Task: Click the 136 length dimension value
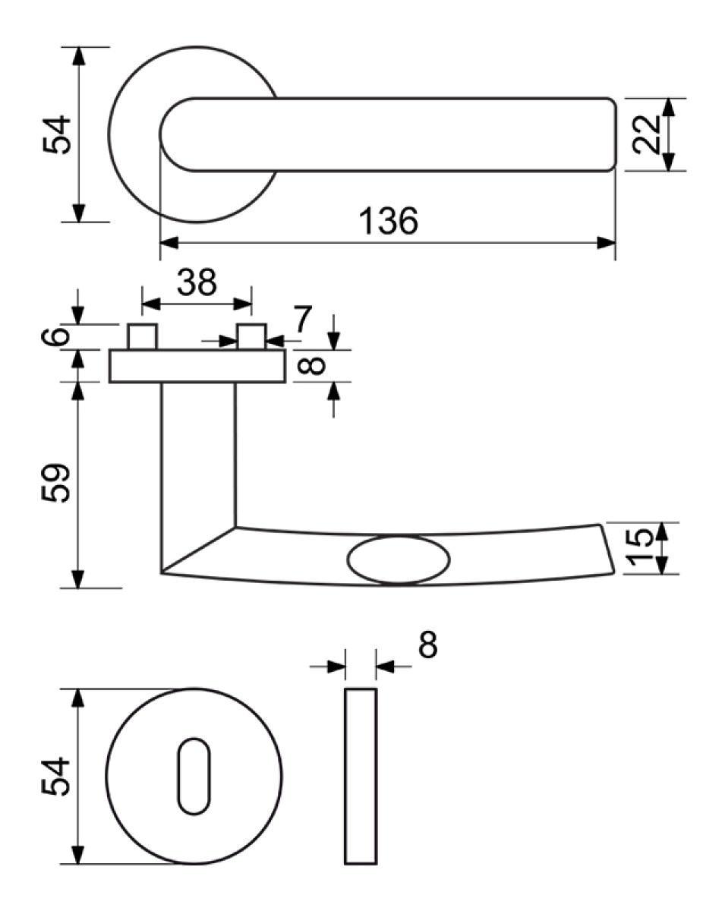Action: tap(388, 221)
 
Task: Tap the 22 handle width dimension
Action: tap(646, 134)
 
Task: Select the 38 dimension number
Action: tap(197, 282)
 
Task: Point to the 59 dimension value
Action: tap(55, 483)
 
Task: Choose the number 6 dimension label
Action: tap(55, 336)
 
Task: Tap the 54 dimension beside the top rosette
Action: tap(57, 134)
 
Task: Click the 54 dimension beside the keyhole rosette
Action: tap(55, 777)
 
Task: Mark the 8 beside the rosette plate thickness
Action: tap(312, 366)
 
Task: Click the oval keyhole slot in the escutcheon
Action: tap(194, 777)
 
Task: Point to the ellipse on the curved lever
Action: tap(399, 561)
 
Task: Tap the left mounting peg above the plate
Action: tap(143, 336)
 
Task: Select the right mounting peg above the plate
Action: tap(252, 336)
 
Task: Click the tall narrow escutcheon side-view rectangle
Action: tap(361, 777)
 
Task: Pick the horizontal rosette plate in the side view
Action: tap(197, 366)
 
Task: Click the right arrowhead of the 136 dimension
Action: tap(606, 243)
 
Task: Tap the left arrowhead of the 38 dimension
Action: tap(151, 304)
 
